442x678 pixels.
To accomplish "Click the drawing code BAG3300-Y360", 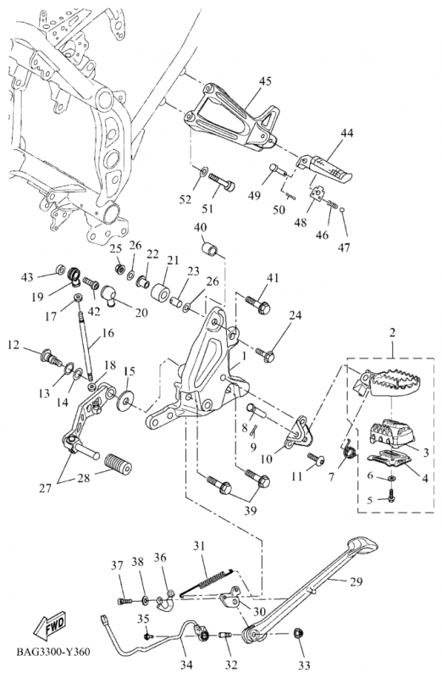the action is (54, 652).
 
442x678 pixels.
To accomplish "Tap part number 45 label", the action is (265, 81).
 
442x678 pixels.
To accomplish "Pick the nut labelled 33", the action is (298, 634).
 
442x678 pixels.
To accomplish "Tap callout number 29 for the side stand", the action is (356, 582).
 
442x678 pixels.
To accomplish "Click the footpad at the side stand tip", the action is (363, 545).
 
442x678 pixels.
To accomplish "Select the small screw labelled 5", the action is (391, 496).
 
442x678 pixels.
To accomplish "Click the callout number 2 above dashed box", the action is (391, 333).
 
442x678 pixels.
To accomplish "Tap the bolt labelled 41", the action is (257, 304).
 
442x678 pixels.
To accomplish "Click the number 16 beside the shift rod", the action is (108, 333).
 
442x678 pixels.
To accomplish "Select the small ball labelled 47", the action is (342, 210).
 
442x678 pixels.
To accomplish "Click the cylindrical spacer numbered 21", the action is (160, 292).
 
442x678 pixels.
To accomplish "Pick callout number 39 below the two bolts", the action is (250, 511).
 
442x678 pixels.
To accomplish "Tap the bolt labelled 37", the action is (124, 601).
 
